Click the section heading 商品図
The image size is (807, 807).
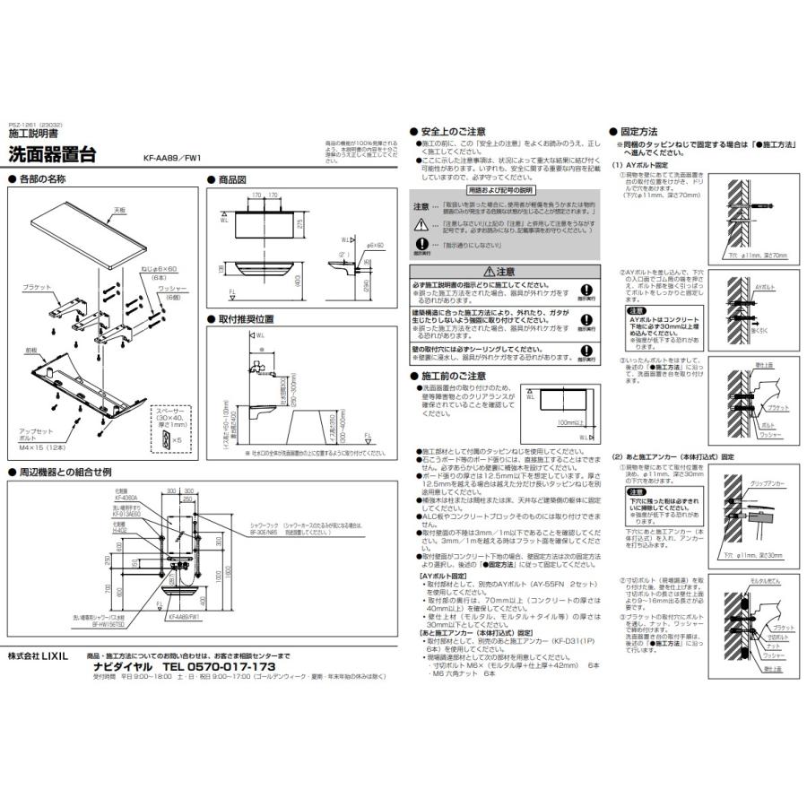coord(231,180)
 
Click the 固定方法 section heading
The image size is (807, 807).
coord(639,130)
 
